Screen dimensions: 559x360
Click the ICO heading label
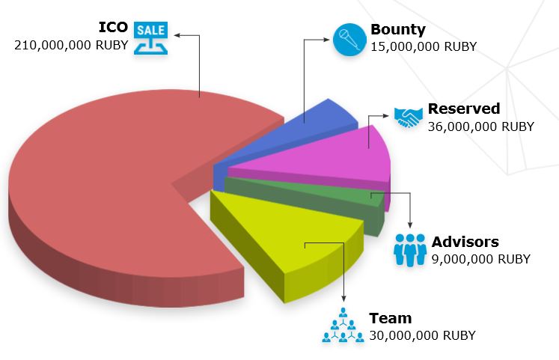(x=113, y=28)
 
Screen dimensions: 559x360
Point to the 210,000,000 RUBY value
(x=71, y=45)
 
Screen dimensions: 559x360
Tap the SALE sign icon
(x=151, y=38)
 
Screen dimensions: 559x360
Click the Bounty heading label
(x=398, y=30)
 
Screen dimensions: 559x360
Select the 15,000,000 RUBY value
(x=424, y=46)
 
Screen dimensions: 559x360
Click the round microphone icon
(x=349, y=40)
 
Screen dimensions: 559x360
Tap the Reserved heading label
(x=464, y=109)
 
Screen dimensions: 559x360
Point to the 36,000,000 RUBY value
(x=481, y=126)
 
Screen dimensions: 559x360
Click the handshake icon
(x=409, y=118)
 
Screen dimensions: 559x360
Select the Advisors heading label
(x=465, y=242)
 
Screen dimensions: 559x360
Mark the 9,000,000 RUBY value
(x=481, y=259)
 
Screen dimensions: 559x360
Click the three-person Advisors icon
(x=410, y=250)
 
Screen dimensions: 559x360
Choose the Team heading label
(x=391, y=318)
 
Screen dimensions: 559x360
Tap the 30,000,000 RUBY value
(x=423, y=335)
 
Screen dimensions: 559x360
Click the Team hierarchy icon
(x=343, y=325)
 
